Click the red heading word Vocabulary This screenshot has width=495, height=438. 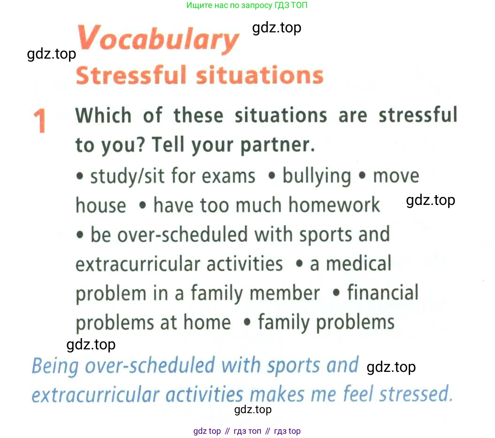[159, 38]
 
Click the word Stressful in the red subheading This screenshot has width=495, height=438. [131, 75]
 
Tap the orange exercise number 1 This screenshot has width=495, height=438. [40, 121]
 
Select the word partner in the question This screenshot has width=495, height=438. [278, 145]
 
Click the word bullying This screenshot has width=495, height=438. [317, 176]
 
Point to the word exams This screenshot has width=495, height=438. [228, 176]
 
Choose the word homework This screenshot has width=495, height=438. [334, 205]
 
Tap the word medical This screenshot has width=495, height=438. [358, 264]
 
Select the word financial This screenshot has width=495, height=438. [383, 292]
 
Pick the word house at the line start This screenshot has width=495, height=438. [101, 205]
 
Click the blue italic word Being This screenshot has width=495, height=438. [55, 366]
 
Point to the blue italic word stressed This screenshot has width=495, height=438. [416, 394]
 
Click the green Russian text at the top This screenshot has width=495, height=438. [246, 5]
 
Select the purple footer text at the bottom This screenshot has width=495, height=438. [247, 431]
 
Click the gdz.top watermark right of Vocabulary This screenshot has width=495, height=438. [276, 28]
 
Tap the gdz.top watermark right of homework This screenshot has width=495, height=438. [431, 200]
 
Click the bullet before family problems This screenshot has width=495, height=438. [248, 322]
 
